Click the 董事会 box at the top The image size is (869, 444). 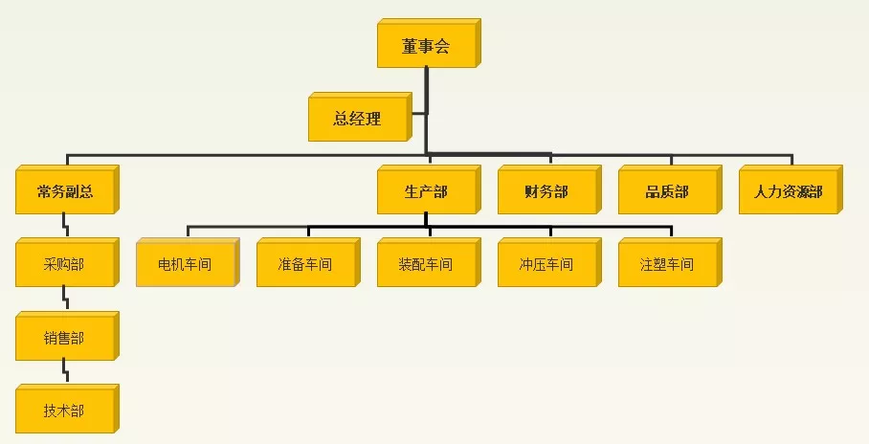[429, 43]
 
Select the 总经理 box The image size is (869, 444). [360, 117]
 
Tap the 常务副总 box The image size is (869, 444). [67, 189]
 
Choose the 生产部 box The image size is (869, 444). [429, 189]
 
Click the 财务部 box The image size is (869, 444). [549, 189]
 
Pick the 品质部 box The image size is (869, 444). [670, 189]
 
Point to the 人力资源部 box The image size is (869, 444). [791, 189]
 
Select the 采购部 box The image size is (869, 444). [67, 262]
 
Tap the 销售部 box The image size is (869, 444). [67, 336]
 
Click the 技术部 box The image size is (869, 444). [67, 409]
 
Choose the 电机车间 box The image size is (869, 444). [188, 262]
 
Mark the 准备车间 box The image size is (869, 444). [308, 262]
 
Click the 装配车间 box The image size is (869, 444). [429, 262]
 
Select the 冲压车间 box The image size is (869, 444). [549, 262]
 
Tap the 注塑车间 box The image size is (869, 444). [670, 262]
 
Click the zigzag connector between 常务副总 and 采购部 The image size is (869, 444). [66, 226]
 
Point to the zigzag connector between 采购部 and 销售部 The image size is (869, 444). [66, 299]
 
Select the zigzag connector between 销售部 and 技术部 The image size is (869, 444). [66, 372]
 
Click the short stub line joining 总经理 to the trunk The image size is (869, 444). [419, 114]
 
